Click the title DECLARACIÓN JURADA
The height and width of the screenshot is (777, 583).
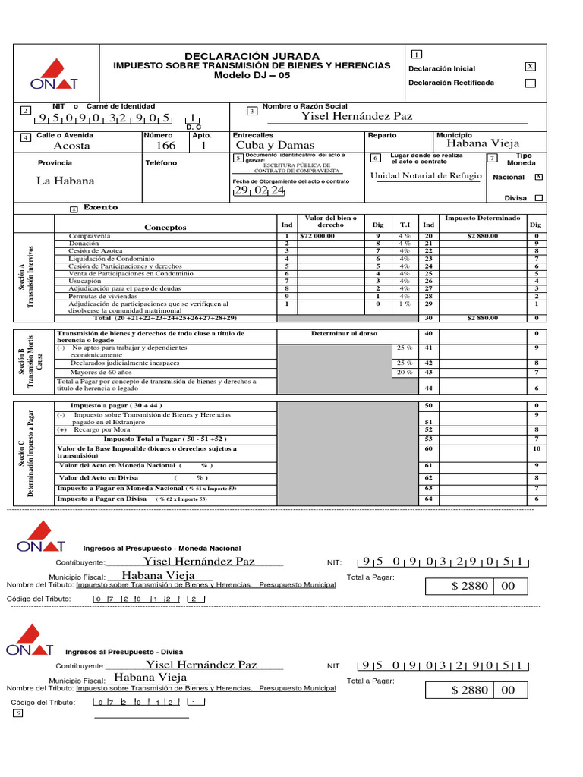point(252,57)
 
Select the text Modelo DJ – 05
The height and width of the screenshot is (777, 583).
point(252,76)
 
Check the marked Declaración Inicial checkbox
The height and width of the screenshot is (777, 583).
point(530,67)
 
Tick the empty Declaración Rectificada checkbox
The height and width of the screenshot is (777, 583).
point(530,83)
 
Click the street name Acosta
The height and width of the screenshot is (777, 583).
point(72,146)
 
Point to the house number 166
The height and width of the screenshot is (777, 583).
point(165,146)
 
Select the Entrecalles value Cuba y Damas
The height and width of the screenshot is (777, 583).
point(275,145)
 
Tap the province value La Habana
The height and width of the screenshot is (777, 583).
point(65,181)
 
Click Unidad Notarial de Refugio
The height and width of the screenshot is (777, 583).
point(426,176)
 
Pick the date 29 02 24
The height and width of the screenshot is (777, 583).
point(259,191)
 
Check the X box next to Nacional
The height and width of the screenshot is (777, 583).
point(538,177)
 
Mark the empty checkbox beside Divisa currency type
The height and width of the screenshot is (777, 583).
point(538,197)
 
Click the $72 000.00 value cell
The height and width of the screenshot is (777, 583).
point(318,236)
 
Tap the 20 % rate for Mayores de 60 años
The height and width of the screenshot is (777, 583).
point(405,373)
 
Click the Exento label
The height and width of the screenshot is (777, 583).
point(100,207)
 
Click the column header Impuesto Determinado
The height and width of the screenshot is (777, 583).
point(482,218)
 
